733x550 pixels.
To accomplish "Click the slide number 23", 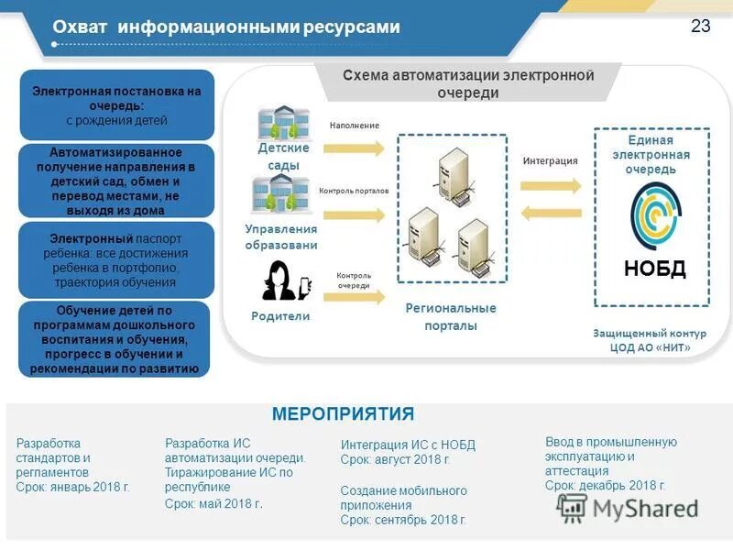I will coord(700,27).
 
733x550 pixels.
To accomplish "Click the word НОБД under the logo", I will coord(654,269).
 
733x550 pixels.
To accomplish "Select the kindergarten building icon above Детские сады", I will coord(284,123).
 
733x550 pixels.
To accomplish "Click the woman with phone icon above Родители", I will coord(285,280).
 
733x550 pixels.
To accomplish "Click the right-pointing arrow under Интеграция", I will coord(550,185).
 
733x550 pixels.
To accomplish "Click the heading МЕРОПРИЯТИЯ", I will coord(343,413).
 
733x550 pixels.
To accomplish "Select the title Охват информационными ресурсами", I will coord(226,27).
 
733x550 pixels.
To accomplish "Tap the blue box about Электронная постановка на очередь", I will coord(116,105).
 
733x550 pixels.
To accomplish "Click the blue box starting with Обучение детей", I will coord(115,339).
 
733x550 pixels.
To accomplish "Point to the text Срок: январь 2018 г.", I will coord(73,487).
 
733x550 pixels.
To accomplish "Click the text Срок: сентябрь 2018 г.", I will coord(403,520).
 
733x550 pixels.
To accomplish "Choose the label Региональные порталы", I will coord(451,316).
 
